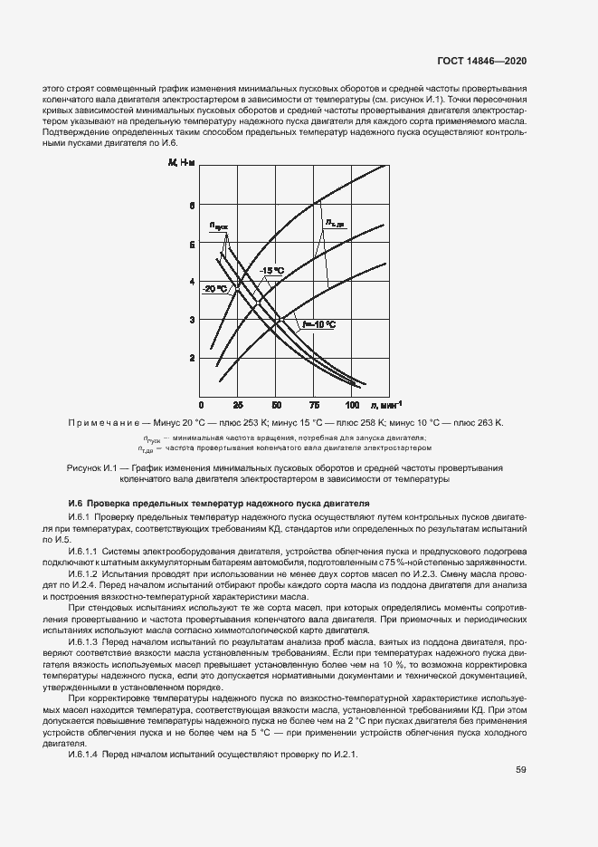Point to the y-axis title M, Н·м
click(x=181, y=163)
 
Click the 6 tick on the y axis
click(x=192, y=206)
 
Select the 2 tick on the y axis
click(x=192, y=358)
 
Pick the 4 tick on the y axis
click(x=192, y=282)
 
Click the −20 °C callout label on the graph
click(x=214, y=288)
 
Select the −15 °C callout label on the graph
click(x=271, y=271)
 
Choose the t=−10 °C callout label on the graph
click(x=318, y=324)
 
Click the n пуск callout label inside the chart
click(x=220, y=226)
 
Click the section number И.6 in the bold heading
click(x=76, y=503)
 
